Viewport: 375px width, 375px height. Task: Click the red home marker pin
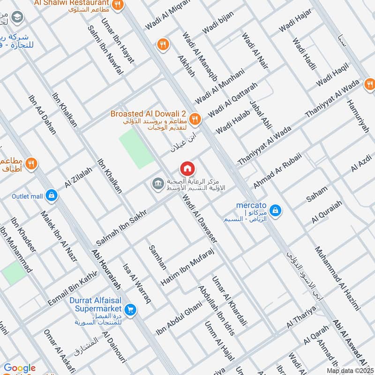187,168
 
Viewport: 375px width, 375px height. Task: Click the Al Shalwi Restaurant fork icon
118,5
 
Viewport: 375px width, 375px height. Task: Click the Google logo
20,368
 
